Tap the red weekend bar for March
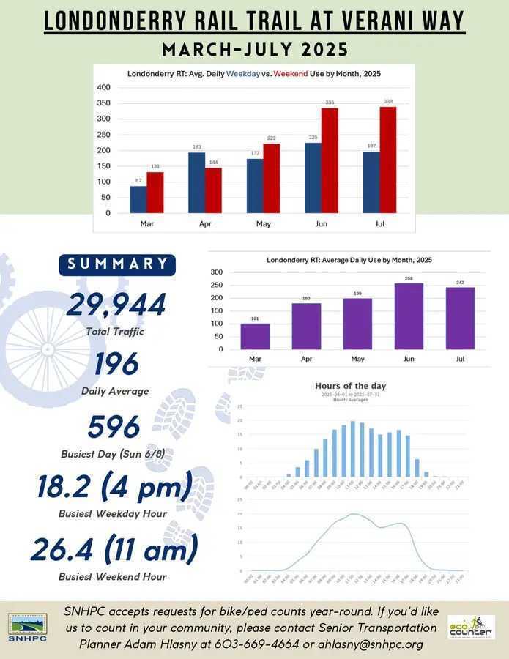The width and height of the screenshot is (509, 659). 155,192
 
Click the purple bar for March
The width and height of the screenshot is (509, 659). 255,336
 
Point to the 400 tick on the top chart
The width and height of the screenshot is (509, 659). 104,87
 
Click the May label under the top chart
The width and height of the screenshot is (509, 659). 264,223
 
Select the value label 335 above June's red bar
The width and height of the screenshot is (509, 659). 330,102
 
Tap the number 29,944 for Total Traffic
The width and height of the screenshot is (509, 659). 116,305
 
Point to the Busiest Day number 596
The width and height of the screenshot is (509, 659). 114,427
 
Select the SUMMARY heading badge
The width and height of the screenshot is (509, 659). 116,264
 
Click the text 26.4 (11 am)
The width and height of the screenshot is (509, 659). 114,549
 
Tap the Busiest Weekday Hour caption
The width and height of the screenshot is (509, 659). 113,513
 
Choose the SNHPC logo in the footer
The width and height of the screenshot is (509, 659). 27,627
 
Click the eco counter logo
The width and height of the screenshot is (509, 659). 471,628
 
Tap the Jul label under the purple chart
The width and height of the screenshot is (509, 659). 460,360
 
